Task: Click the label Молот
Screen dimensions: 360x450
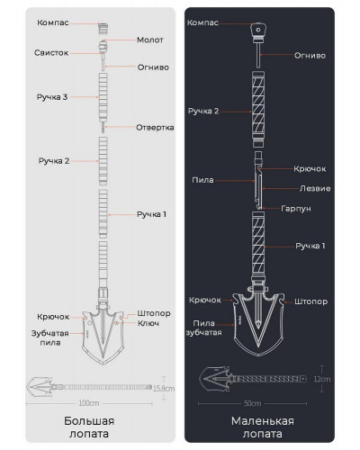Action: click(x=150, y=40)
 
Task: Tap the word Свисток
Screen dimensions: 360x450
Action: click(x=51, y=53)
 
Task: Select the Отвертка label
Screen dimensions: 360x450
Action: click(x=155, y=128)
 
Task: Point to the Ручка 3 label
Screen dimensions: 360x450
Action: click(x=52, y=97)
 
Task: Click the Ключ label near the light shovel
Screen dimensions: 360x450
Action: click(x=148, y=323)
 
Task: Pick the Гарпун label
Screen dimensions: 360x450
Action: click(x=296, y=209)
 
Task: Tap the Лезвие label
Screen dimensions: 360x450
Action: click(x=315, y=188)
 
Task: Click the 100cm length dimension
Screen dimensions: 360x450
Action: click(x=89, y=403)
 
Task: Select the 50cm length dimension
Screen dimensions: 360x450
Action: click(x=252, y=403)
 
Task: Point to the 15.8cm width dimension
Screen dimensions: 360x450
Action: click(x=164, y=389)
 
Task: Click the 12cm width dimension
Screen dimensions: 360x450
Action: click(x=322, y=379)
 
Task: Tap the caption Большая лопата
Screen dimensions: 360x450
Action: click(x=89, y=427)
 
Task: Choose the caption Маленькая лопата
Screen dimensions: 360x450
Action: click(x=263, y=427)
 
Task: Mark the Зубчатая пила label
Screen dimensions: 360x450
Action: click(x=50, y=337)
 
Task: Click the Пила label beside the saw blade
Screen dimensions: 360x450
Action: click(x=202, y=180)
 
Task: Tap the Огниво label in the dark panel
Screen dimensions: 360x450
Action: click(x=310, y=56)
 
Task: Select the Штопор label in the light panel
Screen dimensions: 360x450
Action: click(x=154, y=313)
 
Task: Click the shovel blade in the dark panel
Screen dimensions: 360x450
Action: click(x=258, y=324)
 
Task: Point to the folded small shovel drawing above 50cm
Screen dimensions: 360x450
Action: click(x=253, y=379)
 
